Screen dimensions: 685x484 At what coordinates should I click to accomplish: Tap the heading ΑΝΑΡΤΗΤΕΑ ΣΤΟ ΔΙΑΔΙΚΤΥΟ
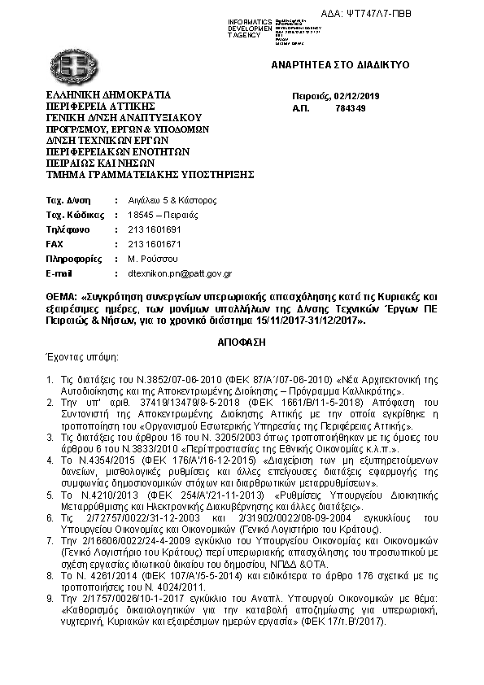tap(340, 65)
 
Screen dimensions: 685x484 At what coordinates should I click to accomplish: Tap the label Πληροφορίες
tap(72, 259)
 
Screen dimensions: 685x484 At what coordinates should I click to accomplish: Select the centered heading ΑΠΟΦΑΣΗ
tap(242, 342)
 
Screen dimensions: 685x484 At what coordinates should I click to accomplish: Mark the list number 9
tap(50, 598)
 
